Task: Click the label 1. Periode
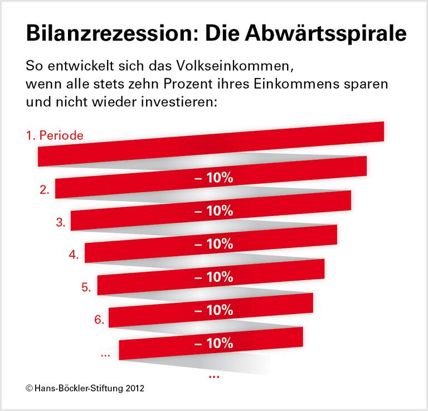coord(55,135)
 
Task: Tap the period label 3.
coord(61,222)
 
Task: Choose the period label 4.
coord(74,255)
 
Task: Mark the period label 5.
coord(86,288)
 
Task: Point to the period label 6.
coord(99,320)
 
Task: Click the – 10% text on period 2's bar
coord(213,178)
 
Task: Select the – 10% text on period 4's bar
coord(213,244)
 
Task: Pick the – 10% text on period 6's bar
coord(213,310)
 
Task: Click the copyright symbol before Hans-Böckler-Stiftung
coord(28,388)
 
